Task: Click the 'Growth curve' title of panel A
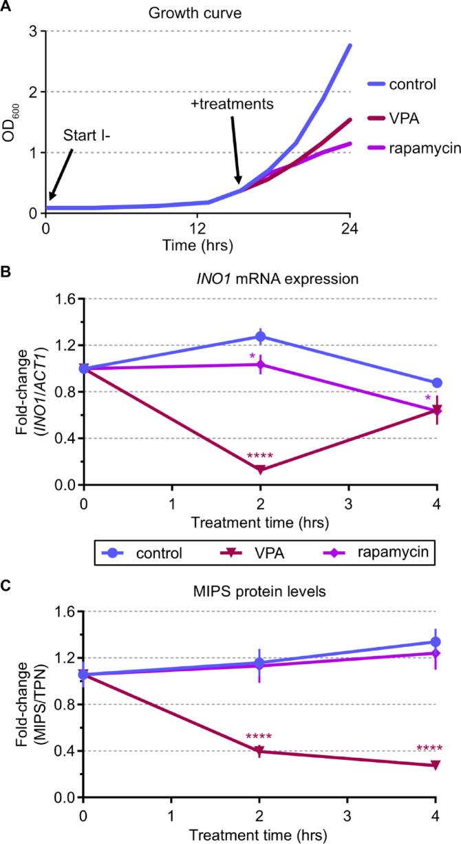(199, 11)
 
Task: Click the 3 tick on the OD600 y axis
(32, 32)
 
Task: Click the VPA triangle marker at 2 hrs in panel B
(260, 470)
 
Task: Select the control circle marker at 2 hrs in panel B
(260, 337)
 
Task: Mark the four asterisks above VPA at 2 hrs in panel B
(260, 456)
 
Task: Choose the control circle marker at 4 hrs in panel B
(436, 383)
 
